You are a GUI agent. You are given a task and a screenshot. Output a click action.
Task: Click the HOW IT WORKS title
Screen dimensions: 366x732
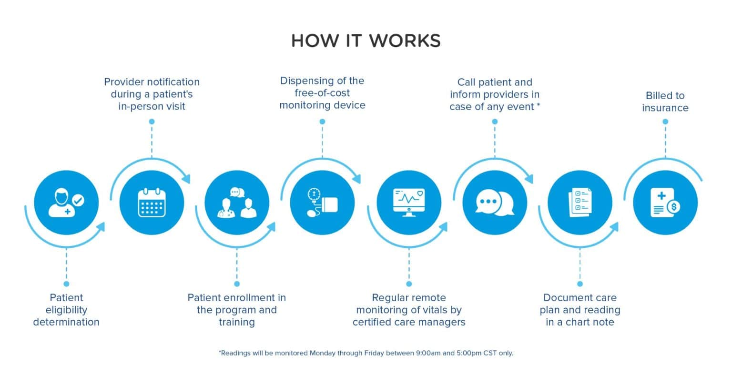click(366, 41)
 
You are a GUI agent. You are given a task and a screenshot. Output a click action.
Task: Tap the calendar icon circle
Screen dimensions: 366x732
click(152, 203)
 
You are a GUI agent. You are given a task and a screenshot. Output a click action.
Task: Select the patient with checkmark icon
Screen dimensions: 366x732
click(66, 203)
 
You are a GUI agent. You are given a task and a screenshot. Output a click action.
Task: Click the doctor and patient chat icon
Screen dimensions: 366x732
click(237, 203)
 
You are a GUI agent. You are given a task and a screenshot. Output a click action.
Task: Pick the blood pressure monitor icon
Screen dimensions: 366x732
click(323, 203)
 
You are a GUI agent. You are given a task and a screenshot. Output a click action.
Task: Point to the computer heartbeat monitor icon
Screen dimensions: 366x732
click(408, 203)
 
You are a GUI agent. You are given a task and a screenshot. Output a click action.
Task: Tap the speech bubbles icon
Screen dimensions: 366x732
click(494, 203)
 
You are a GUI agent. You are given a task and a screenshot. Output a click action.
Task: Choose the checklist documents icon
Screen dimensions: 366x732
click(580, 203)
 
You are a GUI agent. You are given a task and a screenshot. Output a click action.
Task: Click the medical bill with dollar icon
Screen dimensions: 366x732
click(665, 203)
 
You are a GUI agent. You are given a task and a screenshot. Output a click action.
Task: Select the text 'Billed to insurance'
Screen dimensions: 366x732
click(665, 102)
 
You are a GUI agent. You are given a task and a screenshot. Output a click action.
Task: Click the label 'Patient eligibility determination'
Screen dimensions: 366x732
click(66, 310)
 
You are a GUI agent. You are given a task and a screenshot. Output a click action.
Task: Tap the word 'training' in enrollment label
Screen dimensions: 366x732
click(237, 322)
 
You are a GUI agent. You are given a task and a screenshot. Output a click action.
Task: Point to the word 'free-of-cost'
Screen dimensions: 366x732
click(322, 93)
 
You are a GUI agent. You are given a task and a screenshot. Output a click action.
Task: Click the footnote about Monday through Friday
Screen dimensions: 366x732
click(366, 353)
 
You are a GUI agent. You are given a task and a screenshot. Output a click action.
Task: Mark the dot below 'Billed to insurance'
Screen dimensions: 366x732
click(665, 122)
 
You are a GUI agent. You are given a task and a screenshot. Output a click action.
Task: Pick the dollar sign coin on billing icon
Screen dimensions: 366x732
click(673, 207)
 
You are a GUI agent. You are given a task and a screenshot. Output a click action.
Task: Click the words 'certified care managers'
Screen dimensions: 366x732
click(409, 322)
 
